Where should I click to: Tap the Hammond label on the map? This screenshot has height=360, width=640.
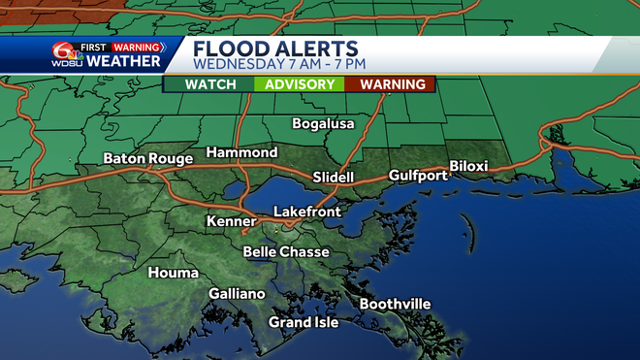point(241,152)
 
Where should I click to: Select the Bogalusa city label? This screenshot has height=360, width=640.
point(324,123)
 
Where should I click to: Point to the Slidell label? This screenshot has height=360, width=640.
point(336,178)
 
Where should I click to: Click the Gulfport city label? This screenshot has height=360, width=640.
point(418,176)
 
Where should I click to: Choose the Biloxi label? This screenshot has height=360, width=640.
point(468,166)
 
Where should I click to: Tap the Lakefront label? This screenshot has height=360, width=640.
point(308,211)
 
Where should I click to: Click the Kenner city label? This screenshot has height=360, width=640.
point(231,222)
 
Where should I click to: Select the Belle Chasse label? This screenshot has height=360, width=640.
point(286,251)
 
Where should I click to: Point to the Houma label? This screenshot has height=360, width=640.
point(173,273)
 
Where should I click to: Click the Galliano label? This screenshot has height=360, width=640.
point(237,294)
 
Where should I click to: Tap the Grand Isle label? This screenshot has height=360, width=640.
point(304,322)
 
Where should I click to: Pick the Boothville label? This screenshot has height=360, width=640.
point(395,304)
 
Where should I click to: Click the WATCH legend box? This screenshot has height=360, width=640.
point(210,84)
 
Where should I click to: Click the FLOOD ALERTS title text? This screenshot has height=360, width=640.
point(275,49)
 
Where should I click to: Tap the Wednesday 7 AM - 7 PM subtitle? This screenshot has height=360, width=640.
point(280,65)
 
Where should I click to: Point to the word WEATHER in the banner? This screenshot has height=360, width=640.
point(124,62)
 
